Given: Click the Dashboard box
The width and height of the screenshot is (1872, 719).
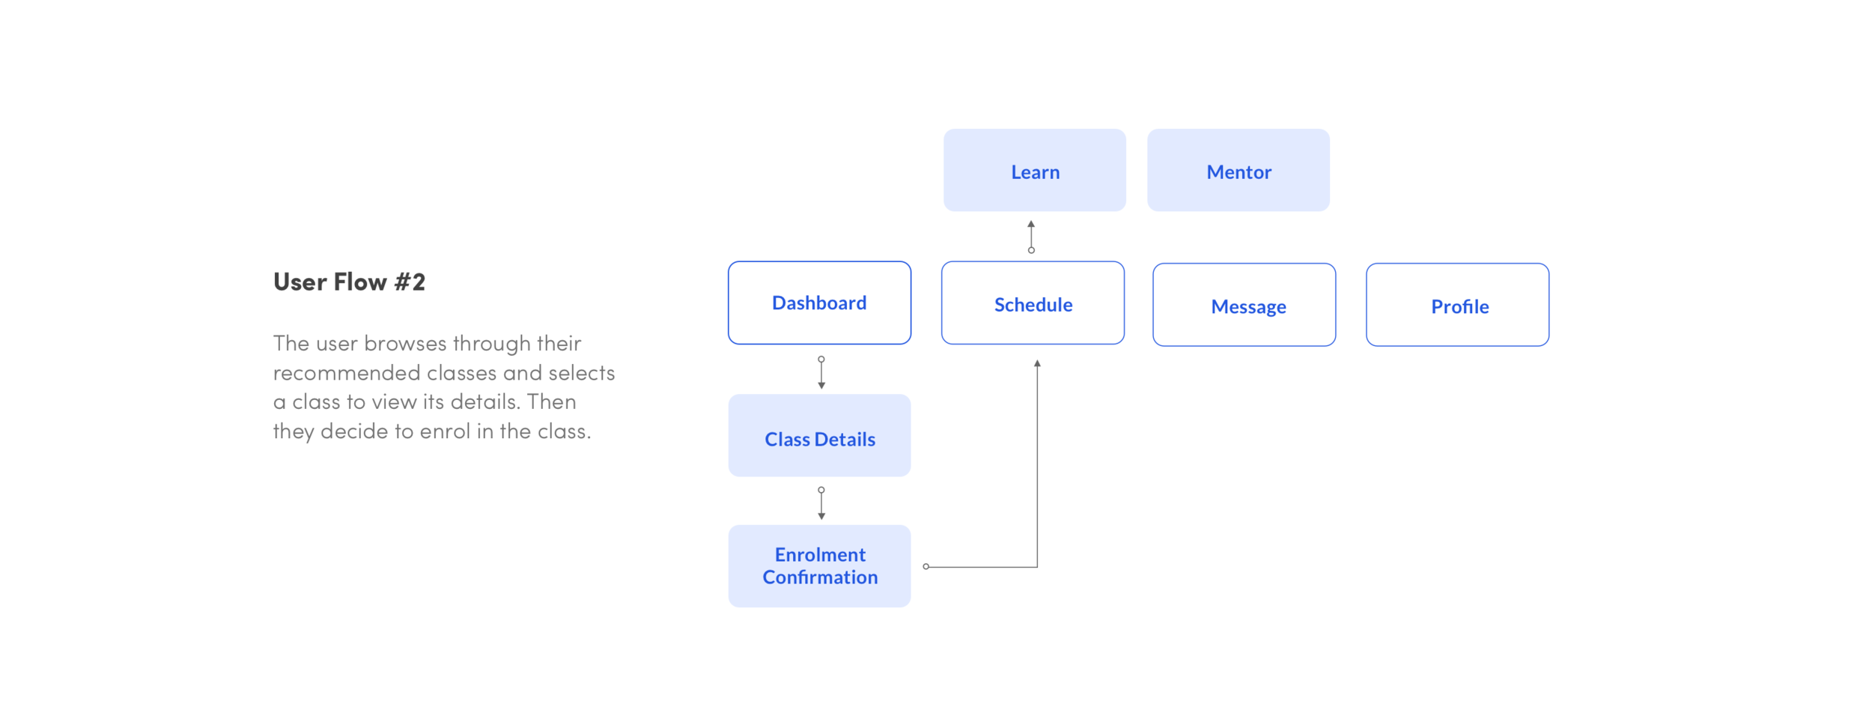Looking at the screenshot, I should pyautogui.click(x=819, y=303).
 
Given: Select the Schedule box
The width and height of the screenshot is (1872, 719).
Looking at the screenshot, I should pyautogui.click(x=1033, y=303).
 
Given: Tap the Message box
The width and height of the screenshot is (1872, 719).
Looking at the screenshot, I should pyautogui.click(x=1244, y=305).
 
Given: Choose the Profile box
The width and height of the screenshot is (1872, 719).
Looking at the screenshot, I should pyautogui.click(x=1457, y=305).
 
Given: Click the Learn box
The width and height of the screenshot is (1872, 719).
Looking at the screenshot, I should pyautogui.click(x=1034, y=171).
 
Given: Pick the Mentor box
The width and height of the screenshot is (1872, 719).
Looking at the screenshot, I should pyautogui.click(x=1238, y=171).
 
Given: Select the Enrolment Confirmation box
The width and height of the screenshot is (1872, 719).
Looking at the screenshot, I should pyautogui.click(x=819, y=565).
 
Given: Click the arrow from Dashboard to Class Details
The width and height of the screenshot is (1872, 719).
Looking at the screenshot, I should pyautogui.click(x=821, y=373).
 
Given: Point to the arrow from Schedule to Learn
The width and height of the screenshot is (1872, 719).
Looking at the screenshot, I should pyautogui.click(x=1031, y=237).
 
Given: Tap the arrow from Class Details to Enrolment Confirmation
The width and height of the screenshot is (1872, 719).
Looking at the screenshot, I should pyautogui.click(x=821, y=503).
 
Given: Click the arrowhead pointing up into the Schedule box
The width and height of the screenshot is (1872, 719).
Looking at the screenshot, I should pyautogui.click(x=1037, y=363).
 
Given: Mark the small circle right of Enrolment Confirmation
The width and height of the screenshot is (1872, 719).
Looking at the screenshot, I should pyautogui.click(x=926, y=567).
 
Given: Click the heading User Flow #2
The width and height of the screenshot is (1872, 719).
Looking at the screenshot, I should pyautogui.click(x=349, y=282).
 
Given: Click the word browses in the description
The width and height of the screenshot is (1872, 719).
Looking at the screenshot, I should pyautogui.click(x=405, y=344).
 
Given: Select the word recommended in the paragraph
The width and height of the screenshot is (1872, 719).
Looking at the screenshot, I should pyautogui.click(x=347, y=373).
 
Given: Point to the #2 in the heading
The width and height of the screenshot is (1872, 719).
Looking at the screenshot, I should pyautogui.click(x=410, y=282).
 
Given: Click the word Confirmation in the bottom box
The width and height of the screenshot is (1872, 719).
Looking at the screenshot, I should pyautogui.click(x=820, y=577).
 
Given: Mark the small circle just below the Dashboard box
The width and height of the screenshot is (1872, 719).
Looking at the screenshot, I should pyautogui.click(x=821, y=359).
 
